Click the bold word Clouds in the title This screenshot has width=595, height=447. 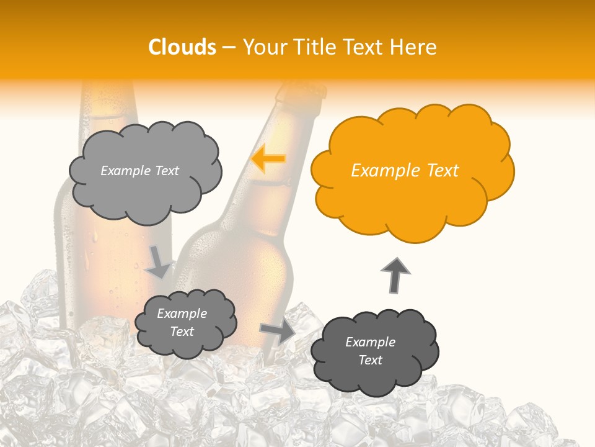tap(182, 47)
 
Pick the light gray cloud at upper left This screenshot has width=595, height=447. tap(144, 171)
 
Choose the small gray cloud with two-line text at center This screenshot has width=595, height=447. tap(185, 323)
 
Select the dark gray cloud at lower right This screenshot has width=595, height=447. tap(374, 351)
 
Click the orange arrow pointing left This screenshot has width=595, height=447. tap(268, 158)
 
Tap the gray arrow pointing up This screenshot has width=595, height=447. tap(395, 274)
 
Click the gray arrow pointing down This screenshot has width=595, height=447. tap(158, 262)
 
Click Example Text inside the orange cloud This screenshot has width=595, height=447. tap(405, 171)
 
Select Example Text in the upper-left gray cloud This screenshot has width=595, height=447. tap(139, 171)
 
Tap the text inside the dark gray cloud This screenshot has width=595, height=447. tap(370, 351)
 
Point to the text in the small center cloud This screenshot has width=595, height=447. tap(182, 323)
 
